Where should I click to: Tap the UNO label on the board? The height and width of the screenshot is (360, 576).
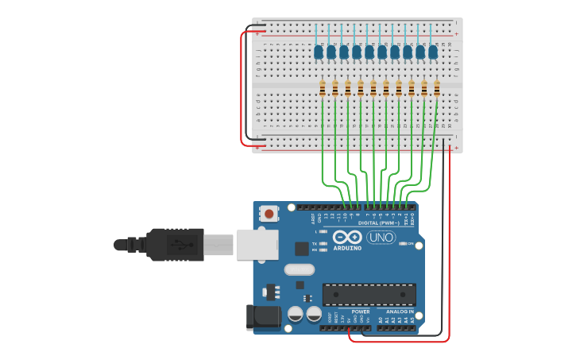point(381,237)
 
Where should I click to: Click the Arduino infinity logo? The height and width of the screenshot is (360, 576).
point(347,237)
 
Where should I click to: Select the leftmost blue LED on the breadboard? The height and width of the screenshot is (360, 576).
point(319,52)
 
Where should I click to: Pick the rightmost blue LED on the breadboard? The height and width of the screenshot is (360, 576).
point(433,52)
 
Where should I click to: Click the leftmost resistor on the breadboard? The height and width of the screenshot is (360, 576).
point(322,88)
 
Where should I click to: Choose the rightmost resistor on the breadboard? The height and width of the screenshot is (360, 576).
point(437,88)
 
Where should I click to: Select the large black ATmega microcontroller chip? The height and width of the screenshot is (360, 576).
point(369,294)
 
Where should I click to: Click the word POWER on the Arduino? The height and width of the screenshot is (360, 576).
point(360,312)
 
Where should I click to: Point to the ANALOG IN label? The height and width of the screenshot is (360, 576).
point(405,312)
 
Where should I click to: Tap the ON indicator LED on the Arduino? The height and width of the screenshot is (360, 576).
point(403,243)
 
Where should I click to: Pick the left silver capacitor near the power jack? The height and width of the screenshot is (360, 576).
point(296,314)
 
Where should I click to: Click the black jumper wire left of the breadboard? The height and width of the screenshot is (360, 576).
point(247,87)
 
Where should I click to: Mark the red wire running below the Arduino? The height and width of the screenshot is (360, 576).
point(397,341)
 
